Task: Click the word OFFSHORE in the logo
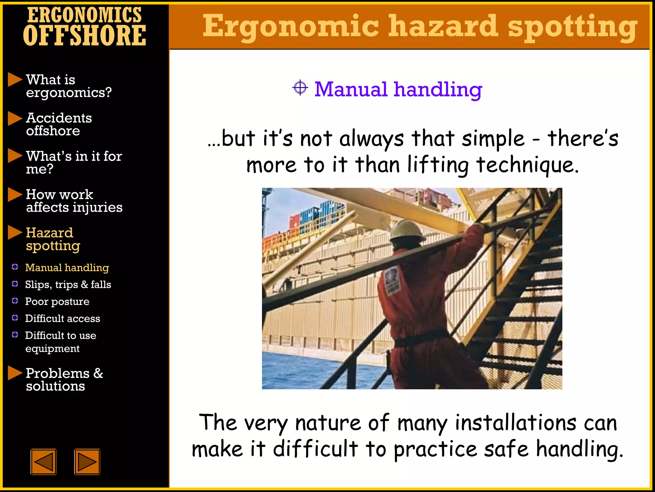pyautogui.click(x=84, y=36)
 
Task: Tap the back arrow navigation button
pyautogui.click(x=43, y=462)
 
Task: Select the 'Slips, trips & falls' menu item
pyautogui.click(x=68, y=284)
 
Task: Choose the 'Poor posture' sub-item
pyautogui.click(x=57, y=301)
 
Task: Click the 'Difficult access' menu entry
pyautogui.click(x=63, y=318)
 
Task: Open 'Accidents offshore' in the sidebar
pyautogui.click(x=59, y=124)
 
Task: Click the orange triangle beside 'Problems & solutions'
pyautogui.click(x=14, y=373)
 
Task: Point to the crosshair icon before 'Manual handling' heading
pyautogui.click(x=300, y=88)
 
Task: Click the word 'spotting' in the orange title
pyautogui.click(x=572, y=27)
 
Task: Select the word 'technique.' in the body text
pyautogui.click(x=528, y=165)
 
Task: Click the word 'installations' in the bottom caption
pyautogui.click(x=516, y=423)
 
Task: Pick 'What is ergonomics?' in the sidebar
pyautogui.click(x=68, y=86)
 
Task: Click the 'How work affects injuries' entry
pyautogui.click(x=74, y=201)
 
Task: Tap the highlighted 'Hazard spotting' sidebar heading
pyautogui.click(x=53, y=239)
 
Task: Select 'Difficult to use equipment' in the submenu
pyautogui.click(x=60, y=341)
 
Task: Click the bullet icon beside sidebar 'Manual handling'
pyautogui.click(x=15, y=267)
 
